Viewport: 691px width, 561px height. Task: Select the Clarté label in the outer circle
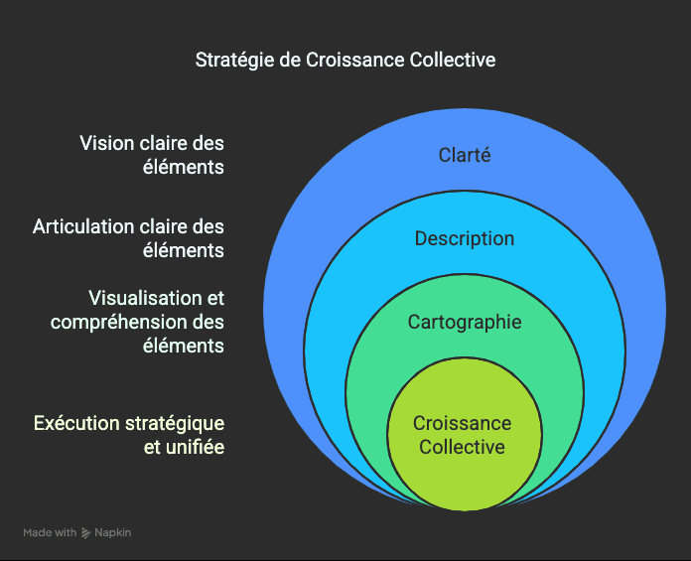pyautogui.click(x=465, y=155)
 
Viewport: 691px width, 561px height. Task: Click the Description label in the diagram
pyautogui.click(x=465, y=239)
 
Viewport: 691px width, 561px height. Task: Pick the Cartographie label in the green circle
pyautogui.click(x=465, y=323)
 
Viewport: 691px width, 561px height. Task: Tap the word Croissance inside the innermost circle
pyautogui.click(x=463, y=423)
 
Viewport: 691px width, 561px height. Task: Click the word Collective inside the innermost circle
pyautogui.click(x=463, y=447)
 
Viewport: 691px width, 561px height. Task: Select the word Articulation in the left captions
pyautogui.click(x=83, y=226)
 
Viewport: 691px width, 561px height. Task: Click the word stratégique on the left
pyautogui.click(x=175, y=424)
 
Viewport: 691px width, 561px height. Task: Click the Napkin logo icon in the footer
pyautogui.click(x=86, y=533)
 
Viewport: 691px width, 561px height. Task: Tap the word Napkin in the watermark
pyautogui.click(x=113, y=533)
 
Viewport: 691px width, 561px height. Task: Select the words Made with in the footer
pyautogui.click(x=50, y=532)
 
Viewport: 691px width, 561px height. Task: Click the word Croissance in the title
pyautogui.click(x=355, y=60)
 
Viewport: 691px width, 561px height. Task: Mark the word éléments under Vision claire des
pyautogui.click(x=184, y=167)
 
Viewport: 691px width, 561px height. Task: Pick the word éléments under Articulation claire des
pyautogui.click(x=184, y=250)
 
